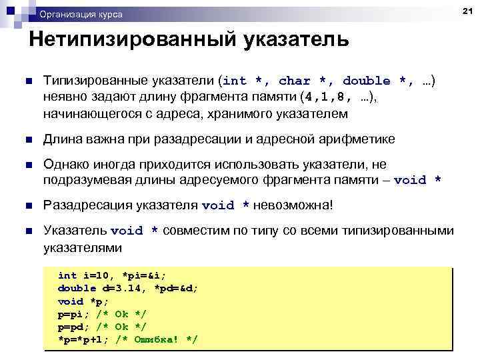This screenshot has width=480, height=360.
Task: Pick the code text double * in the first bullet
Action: (x=377, y=81)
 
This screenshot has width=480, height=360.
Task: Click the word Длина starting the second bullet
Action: (x=62, y=139)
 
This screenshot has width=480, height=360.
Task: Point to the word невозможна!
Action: (x=293, y=205)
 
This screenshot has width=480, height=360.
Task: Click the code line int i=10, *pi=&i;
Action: (x=112, y=275)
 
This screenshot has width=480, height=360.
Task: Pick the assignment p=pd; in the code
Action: (x=75, y=327)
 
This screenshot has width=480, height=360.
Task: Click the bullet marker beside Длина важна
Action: (x=27, y=139)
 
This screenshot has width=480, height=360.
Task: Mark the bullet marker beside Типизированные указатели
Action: (x=27, y=81)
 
